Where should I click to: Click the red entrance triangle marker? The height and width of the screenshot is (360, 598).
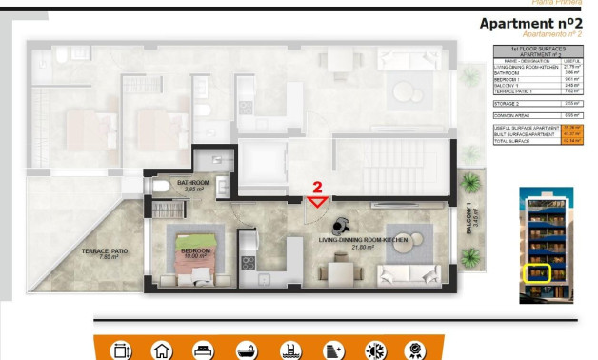click(317, 201)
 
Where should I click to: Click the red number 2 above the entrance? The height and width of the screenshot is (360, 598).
click(317, 188)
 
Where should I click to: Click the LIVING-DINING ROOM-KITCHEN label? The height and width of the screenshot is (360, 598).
click(363, 242)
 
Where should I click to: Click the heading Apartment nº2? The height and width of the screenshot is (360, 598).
click(530, 24)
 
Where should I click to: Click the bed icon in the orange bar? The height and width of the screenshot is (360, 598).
click(204, 350)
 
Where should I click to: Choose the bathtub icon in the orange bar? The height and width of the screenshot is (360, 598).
click(247, 350)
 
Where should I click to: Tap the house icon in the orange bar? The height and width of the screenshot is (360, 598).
click(162, 350)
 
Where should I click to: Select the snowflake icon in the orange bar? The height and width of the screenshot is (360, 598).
click(376, 350)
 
